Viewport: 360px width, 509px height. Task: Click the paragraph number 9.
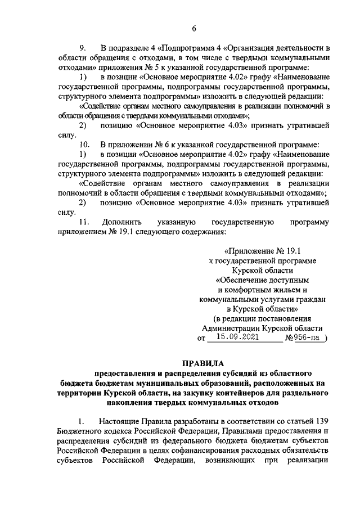82,47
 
